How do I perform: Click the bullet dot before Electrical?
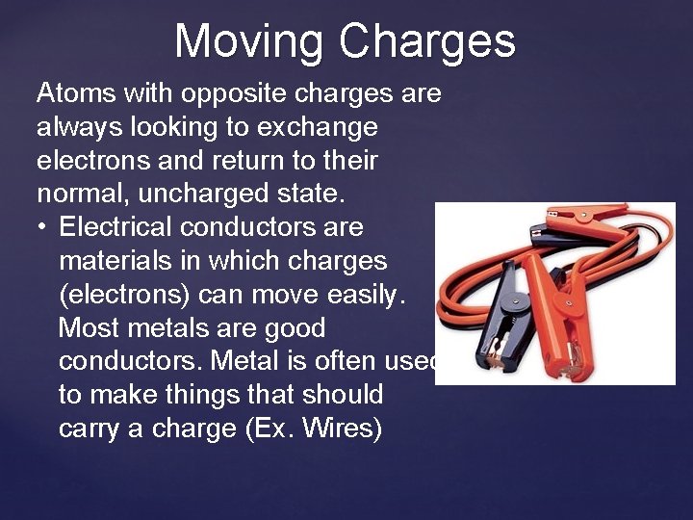click(43, 228)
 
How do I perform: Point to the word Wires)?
click(342, 429)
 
